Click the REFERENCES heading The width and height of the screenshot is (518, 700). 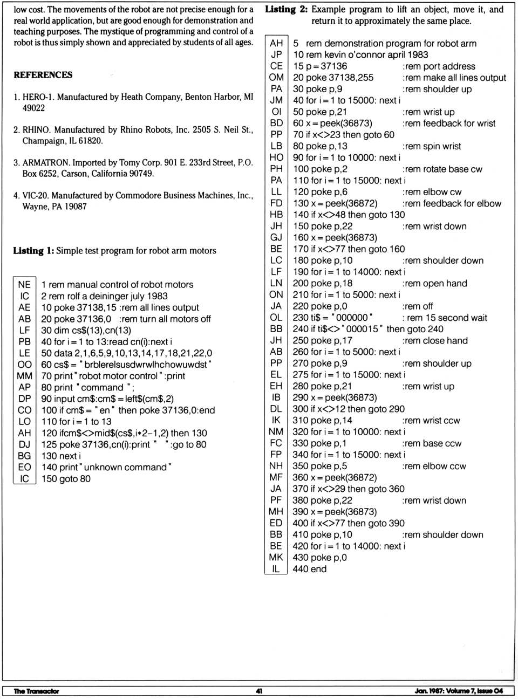click(x=43, y=75)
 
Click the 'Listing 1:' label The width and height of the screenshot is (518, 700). click(x=33, y=251)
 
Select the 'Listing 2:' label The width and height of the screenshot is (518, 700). click(x=286, y=10)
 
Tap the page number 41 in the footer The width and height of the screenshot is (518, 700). click(x=259, y=691)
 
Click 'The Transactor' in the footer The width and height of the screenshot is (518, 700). click(x=36, y=691)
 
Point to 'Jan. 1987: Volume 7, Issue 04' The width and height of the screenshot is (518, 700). click(x=459, y=691)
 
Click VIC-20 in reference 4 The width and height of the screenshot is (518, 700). click(x=35, y=195)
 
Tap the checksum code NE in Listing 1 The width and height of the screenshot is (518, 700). click(x=24, y=284)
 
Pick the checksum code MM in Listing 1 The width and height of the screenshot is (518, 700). click(x=24, y=376)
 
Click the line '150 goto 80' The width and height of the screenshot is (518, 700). click(x=66, y=479)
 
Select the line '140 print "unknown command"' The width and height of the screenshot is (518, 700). click(x=106, y=468)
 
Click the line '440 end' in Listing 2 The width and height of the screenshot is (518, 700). click(x=310, y=569)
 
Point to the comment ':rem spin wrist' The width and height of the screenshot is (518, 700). click(x=432, y=146)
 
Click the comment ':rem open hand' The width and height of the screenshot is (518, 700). click(x=434, y=284)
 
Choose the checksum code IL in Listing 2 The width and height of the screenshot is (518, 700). click(x=276, y=569)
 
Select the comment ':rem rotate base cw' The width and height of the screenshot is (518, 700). click(x=442, y=169)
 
